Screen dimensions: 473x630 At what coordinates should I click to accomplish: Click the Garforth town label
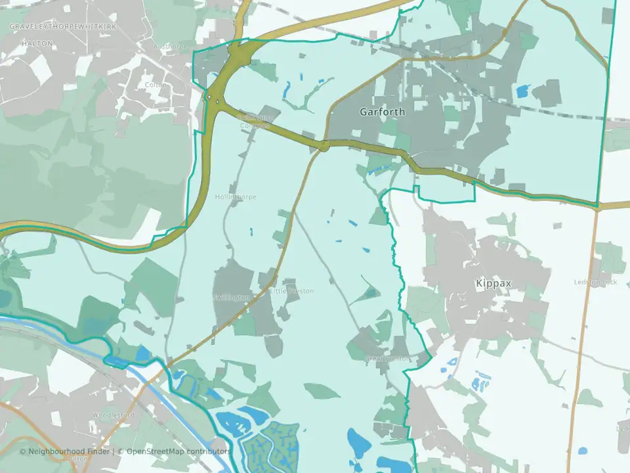pos(382,112)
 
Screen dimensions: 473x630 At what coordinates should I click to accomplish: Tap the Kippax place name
pos(492,283)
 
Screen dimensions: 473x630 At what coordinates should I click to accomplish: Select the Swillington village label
pos(231,298)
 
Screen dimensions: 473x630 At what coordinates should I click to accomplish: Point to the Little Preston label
pos(292,291)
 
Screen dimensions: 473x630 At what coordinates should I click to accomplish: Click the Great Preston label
pos(388,359)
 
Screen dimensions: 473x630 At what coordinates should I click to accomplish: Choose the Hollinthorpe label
pos(235,197)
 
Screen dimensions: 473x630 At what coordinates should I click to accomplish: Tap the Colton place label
pos(156,85)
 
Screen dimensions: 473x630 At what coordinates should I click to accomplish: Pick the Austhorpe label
pos(170,47)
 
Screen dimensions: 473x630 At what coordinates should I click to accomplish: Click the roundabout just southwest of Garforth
pos(323,145)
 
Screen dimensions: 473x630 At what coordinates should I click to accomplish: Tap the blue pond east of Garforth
pos(522,91)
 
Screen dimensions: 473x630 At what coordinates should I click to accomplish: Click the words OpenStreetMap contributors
pos(178,451)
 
